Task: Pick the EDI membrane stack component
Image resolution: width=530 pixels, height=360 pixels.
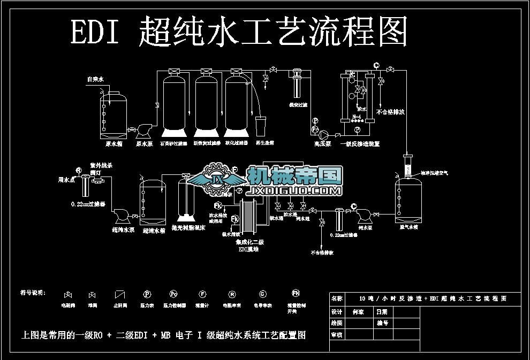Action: (x=252, y=216)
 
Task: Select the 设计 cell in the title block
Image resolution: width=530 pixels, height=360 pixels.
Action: (x=337, y=312)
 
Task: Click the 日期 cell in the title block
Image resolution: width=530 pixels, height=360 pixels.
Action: (x=382, y=312)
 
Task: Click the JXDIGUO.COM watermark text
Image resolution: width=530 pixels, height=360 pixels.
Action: (x=294, y=190)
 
